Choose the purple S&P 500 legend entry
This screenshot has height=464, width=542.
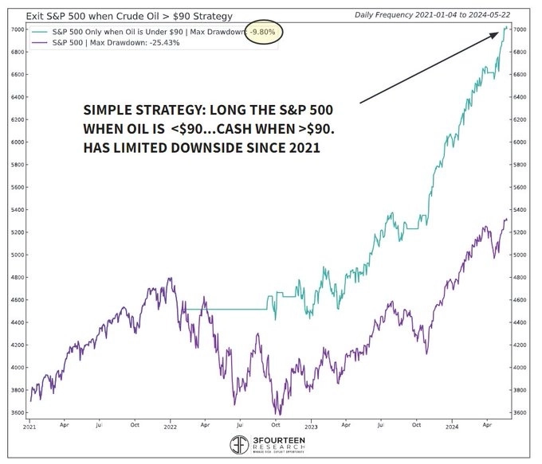point(104,42)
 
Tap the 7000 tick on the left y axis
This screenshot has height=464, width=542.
point(16,29)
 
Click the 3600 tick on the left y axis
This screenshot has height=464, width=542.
point(16,412)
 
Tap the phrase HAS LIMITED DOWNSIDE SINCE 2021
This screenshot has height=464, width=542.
point(199,148)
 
